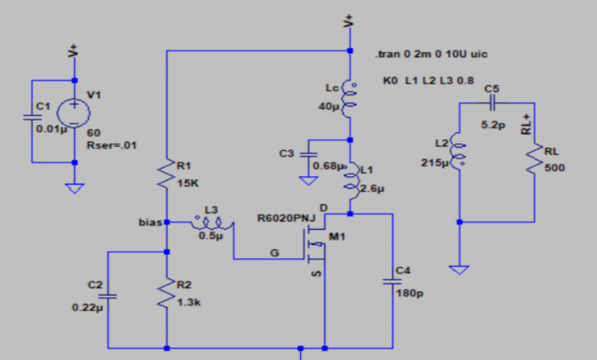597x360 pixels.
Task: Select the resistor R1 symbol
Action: coord(166,175)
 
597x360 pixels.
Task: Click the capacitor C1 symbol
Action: coord(31,117)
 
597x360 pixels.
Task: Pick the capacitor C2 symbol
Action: coord(108,294)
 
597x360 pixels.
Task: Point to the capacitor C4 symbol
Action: coord(392,280)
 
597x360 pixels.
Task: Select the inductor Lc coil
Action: coord(350,97)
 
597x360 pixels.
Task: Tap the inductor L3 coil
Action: coord(210,223)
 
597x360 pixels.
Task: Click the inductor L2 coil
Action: coord(458,152)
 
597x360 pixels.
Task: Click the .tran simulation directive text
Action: coord(432,54)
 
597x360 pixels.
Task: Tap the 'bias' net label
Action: coord(150,223)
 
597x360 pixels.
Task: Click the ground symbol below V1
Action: coord(74,187)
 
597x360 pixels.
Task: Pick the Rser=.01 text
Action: coord(113,144)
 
